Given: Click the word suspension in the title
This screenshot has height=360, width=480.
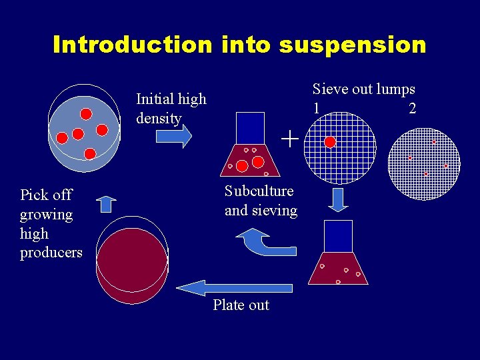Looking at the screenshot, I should coord(353,45).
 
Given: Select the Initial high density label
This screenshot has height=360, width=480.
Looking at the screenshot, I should coord(171,109).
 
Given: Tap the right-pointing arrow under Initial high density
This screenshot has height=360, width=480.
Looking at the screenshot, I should coord(173,136).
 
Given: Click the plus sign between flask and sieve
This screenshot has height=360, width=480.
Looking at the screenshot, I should coord(289,139).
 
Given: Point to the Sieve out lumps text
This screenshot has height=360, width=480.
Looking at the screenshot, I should coord(363,89).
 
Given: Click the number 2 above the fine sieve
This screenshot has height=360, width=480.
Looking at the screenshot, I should coord(412,108).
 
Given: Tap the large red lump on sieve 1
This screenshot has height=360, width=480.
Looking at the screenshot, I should coord(329,142).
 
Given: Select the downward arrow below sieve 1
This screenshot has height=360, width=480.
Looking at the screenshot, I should coord(339,199).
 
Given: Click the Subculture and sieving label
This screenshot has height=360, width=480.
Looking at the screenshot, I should coord(261,201).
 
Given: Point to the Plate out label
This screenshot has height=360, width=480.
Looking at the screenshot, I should coord(241,305).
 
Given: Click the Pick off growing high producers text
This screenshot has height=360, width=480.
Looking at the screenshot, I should coord(51,223).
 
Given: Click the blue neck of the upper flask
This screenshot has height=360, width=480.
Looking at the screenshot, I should coord(250,127).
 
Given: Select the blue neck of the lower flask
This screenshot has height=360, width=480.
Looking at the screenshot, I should coord(338,236).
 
